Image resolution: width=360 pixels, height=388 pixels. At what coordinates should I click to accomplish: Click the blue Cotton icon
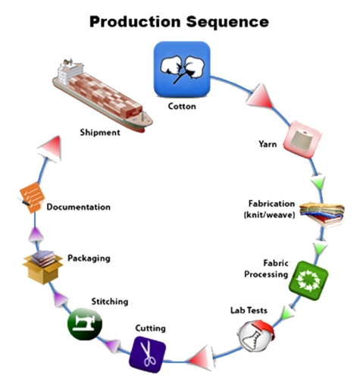tap(181, 69)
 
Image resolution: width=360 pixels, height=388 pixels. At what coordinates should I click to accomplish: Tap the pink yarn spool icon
tap(298, 140)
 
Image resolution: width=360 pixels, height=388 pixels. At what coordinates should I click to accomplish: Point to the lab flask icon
tap(255, 333)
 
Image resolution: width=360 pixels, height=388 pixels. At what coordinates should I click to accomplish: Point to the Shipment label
tap(99, 133)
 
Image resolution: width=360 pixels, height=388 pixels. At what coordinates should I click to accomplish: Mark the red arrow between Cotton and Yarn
tap(259, 96)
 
